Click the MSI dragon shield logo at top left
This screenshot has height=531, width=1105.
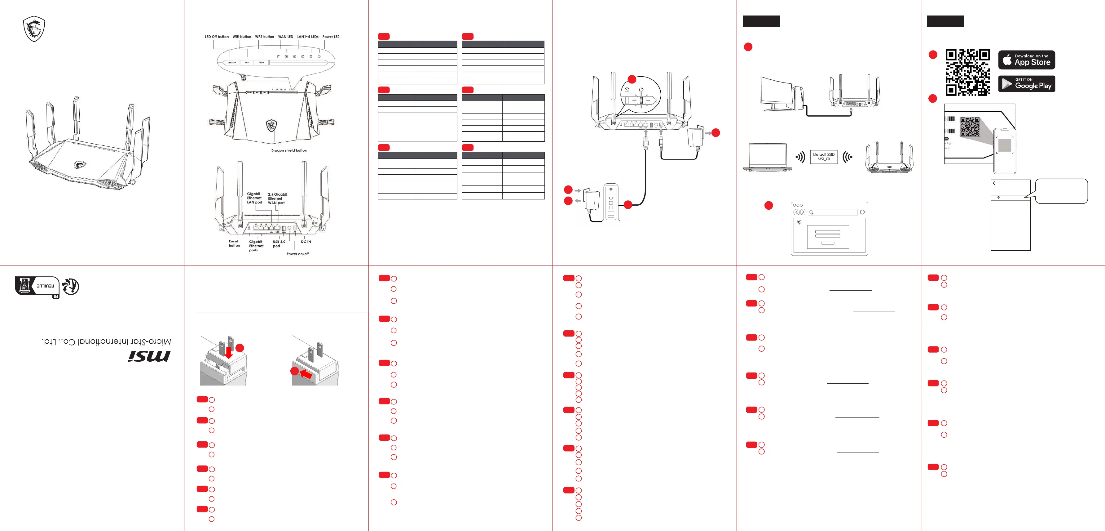point(34,29)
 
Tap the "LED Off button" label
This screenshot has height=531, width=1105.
point(217,37)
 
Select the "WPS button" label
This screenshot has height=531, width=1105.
point(264,37)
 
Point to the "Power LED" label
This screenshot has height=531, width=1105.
point(331,37)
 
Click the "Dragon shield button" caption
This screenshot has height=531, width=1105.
point(289,151)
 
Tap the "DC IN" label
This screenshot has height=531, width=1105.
point(306,242)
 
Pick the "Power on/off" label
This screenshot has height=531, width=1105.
point(297,254)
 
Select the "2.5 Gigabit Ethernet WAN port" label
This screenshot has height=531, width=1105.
point(277,198)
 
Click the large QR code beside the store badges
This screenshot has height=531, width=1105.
point(967,72)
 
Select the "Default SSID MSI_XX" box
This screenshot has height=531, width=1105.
point(824,157)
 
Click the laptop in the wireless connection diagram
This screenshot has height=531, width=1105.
point(768,158)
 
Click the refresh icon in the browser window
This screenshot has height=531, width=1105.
point(862,212)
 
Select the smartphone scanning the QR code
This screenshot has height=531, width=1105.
point(1005,150)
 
